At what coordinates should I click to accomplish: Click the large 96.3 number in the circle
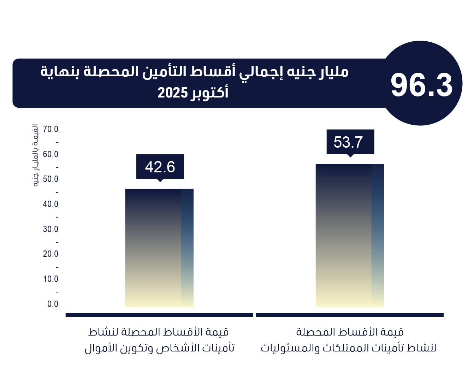(x=421, y=85)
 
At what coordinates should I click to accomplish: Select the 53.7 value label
(x=348, y=142)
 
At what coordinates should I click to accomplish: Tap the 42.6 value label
(x=160, y=167)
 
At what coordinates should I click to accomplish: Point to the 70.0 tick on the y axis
(x=51, y=129)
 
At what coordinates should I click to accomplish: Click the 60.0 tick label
(x=51, y=154)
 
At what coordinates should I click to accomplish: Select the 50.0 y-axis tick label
(x=51, y=179)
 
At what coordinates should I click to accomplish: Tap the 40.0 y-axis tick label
(x=51, y=204)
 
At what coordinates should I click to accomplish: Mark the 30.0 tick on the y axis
(x=51, y=229)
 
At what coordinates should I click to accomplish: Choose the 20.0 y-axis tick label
(x=51, y=254)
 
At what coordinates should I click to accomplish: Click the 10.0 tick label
(x=51, y=279)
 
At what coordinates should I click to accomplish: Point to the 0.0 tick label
(x=53, y=304)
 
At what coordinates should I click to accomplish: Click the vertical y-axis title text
(x=35, y=155)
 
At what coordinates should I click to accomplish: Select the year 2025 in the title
(x=172, y=93)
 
